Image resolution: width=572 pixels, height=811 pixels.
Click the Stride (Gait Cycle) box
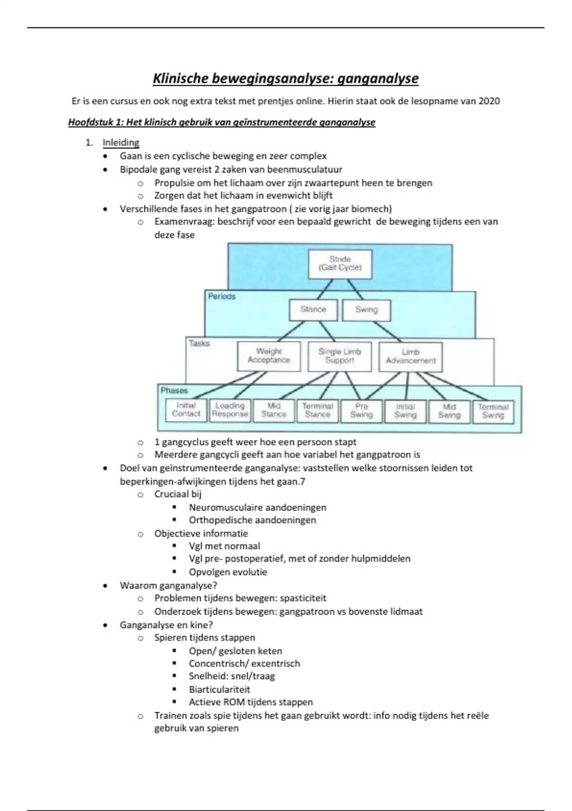340,263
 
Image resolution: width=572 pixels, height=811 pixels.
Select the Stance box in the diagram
313,310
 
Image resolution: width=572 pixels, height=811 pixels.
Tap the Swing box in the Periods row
366,310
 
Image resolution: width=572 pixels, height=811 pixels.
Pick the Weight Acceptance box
269,356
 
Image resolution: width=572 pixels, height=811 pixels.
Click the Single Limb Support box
339,356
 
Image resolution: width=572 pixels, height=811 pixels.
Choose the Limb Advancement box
410,356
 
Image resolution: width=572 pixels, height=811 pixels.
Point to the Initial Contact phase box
186,410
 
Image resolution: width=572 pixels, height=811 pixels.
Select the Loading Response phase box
230,410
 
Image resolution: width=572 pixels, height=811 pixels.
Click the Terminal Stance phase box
317,410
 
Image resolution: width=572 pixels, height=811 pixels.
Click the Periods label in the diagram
222,296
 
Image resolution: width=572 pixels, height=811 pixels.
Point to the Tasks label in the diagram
199,343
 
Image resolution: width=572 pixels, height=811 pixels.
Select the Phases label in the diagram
174,390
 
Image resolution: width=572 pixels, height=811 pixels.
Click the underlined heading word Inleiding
121,143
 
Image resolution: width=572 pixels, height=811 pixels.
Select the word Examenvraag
184,222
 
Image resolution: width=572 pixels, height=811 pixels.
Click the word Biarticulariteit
219,689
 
